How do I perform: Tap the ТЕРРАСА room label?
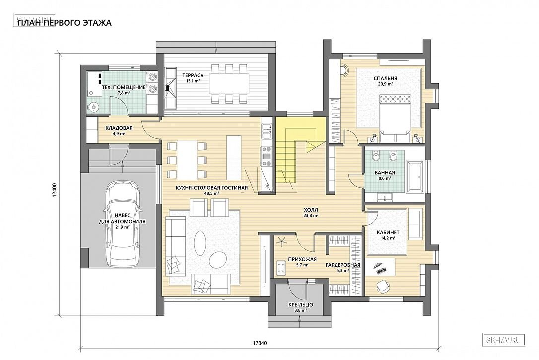point(193,75)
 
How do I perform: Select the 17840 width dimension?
point(260,343)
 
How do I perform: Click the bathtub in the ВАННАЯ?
point(415,177)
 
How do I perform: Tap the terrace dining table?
point(229,83)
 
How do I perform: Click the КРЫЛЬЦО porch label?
point(300,305)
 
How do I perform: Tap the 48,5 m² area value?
point(212,193)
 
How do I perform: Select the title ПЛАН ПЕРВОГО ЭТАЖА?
point(65,23)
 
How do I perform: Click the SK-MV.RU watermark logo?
point(504,340)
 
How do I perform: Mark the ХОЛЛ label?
point(311,210)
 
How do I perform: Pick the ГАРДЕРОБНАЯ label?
point(343,265)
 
